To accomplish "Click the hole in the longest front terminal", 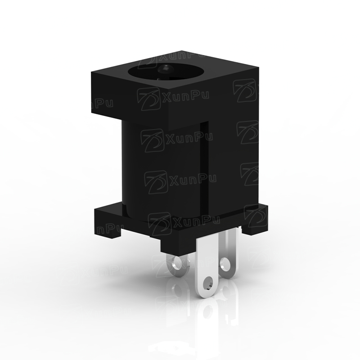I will tap(207, 283).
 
